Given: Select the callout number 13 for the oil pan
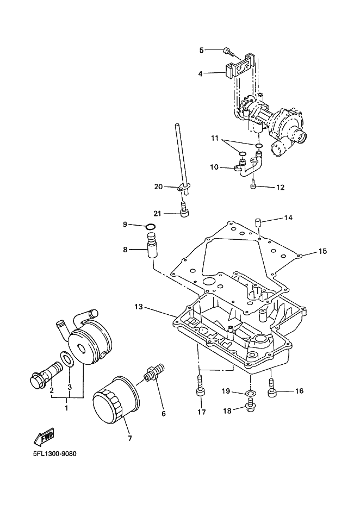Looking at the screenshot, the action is click(x=139, y=307).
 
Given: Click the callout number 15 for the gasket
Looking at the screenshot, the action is click(x=322, y=251).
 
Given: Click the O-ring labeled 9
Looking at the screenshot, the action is click(x=151, y=227).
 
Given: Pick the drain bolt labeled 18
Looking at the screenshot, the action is click(x=249, y=408).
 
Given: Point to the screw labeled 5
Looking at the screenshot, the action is click(x=228, y=52).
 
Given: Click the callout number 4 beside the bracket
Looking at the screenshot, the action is click(x=200, y=74).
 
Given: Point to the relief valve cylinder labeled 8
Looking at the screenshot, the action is click(x=152, y=246).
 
